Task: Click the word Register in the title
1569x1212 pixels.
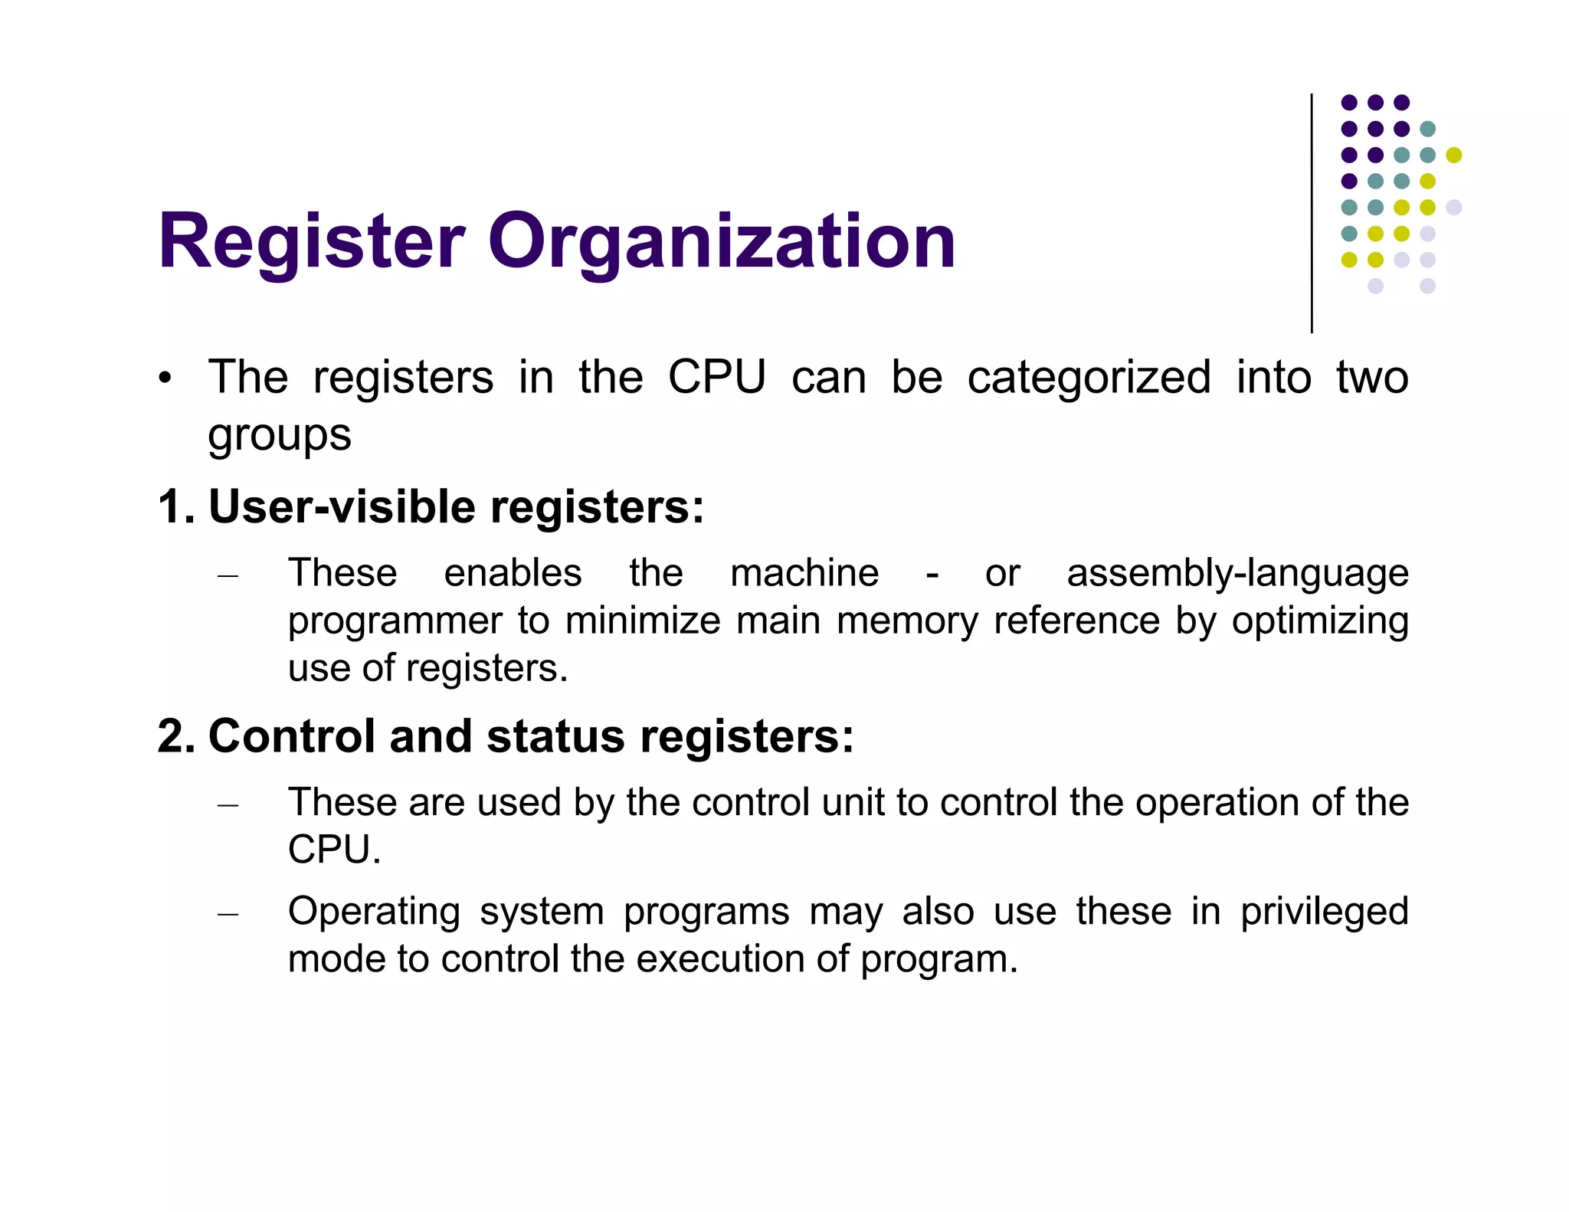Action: (311, 242)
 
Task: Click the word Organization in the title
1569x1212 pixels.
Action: (722, 242)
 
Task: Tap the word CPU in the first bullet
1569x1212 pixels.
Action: (716, 377)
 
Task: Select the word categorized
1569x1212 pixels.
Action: (1089, 377)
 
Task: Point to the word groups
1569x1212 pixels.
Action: (279, 435)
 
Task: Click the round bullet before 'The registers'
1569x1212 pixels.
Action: (165, 379)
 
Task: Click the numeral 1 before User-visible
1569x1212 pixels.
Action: (169, 507)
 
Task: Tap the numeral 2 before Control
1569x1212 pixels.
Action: (171, 736)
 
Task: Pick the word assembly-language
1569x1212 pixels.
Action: (1237, 573)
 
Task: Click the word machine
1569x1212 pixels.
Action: (804, 573)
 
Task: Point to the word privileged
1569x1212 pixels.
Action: (1324, 912)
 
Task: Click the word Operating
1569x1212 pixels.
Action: (374, 912)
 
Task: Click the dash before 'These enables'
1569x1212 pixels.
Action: (228, 575)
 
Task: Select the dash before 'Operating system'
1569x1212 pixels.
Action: (228, 914)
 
